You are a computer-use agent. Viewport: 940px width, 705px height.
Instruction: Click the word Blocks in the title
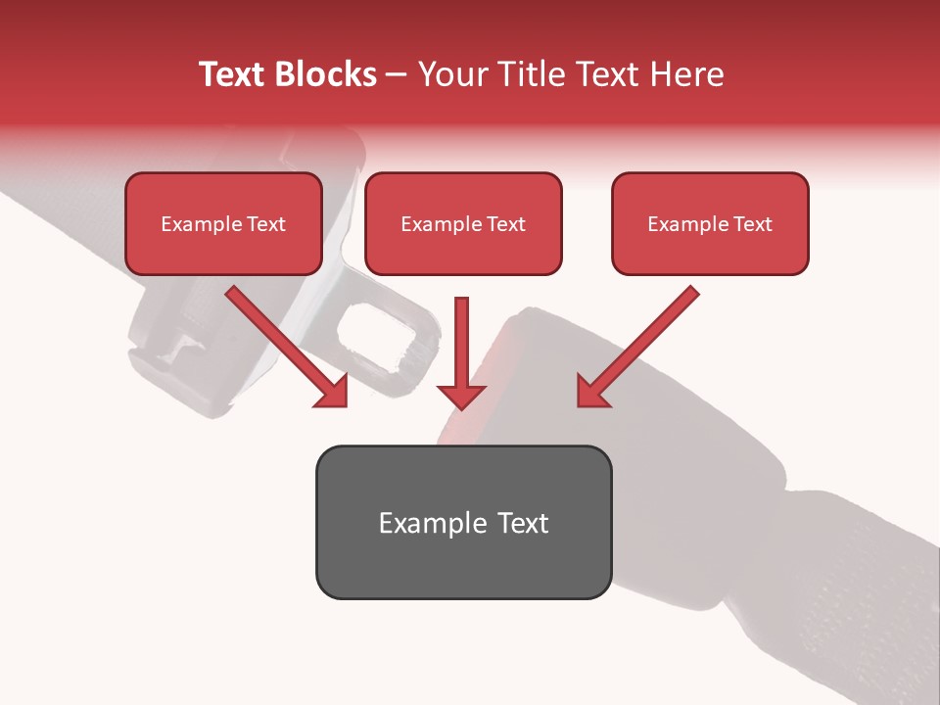click(x=327, y=74)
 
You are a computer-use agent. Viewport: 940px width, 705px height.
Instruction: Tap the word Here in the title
click(x=686, y=74)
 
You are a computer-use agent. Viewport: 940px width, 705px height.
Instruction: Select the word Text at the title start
click(x=235, y=74)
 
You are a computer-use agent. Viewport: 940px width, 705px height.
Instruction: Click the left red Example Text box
click(x=223, y=223)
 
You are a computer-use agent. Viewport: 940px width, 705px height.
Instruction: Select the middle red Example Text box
click(x=463, y=223)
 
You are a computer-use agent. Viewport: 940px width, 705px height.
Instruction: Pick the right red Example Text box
click(x=710, y=223)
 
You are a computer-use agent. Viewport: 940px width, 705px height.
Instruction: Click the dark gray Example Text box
click(x=463, y=522)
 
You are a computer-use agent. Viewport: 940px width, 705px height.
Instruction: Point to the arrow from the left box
click(x=284, y=343)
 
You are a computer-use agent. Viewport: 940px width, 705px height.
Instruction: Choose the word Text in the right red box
click(x=752, y=224)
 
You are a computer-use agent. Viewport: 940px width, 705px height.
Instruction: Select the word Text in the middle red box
click(x=505, y=224)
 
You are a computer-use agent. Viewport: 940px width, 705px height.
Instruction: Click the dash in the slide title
click(x=397, y=75)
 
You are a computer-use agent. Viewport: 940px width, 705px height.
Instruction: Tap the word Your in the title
click(x=451, y=74)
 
